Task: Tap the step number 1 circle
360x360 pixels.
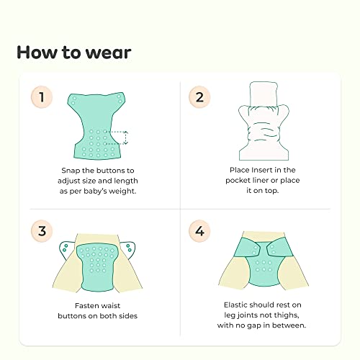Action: [x=42, y=97]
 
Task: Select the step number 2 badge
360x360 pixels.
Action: [x=199, y=97]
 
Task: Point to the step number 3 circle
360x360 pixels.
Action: [x=42, y=231]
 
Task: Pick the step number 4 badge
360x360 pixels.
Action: [x=199, y=231]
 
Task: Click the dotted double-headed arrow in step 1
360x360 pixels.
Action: [x=126, y=138]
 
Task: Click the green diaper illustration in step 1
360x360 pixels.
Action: [x=96, y=125]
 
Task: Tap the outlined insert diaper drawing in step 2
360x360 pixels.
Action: [x=264, y=121]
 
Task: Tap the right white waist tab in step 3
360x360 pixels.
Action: [x=128, y=250]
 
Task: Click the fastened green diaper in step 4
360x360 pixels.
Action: [x=264, y=261]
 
